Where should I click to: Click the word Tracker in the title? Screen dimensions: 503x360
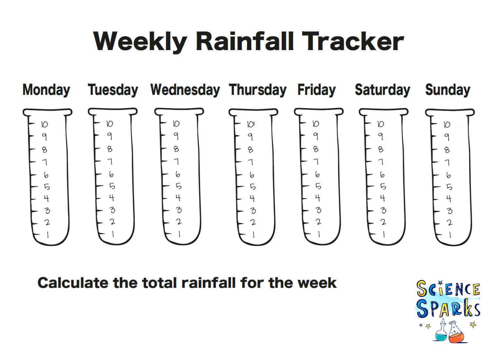click(353, 42)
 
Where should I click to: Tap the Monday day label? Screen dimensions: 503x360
click(47, 90)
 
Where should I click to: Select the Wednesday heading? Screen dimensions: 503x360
click(185, 90)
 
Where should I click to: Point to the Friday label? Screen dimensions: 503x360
click(317, 90)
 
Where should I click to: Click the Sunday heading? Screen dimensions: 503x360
click(448, 90)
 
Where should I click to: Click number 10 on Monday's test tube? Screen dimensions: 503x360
click(45, 124)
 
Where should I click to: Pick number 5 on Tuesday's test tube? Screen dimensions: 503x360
click(112, 186)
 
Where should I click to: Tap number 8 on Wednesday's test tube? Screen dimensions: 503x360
click(176, 149)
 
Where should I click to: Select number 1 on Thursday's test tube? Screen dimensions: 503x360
click(254, 235)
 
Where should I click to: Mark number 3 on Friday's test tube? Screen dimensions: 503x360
click(318, 210)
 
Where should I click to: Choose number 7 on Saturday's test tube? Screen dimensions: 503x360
click(381, 162)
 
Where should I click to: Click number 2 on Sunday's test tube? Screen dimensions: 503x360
click(449, 222)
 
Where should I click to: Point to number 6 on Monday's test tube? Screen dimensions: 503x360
click(46, 175)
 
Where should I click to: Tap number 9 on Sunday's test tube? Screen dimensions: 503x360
click(447, 137)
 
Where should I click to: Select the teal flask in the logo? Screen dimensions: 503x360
click(441, 333)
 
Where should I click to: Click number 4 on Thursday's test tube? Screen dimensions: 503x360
click(252, 199)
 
